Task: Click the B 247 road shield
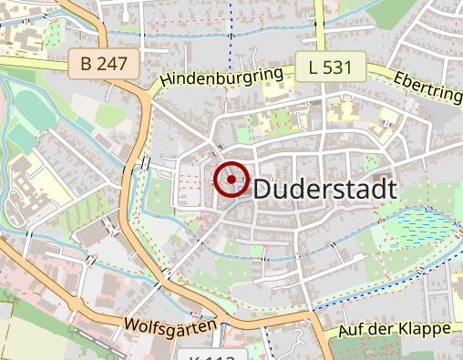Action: pyautogui.click(x=105, y=64)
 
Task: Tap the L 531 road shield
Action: pyautogui.click(x=330, y=67)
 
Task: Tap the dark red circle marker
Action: pyautogui.click(x=231, y=180)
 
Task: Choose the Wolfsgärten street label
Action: pyautogui.click(x=171, y=324)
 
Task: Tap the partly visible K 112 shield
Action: pyautogui.click(x=212, y=355)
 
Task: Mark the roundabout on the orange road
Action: pyautogui.click(x=146, y=90)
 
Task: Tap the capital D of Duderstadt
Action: pyautogui.click(x=262, y=190)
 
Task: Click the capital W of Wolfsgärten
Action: pyautogui.click(x=131, y=325)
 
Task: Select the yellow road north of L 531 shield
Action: pyautogui.click(x=321, y=23)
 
